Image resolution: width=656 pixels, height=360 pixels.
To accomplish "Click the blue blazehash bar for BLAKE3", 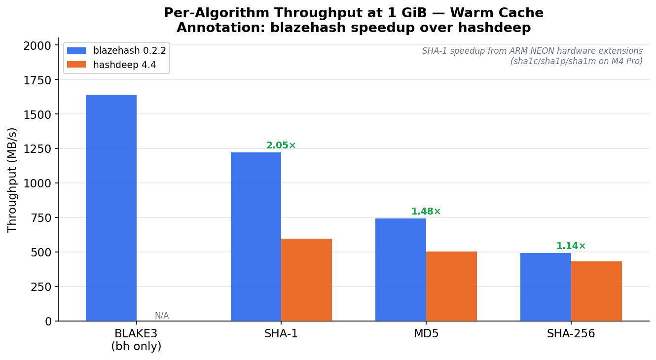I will [111, 208].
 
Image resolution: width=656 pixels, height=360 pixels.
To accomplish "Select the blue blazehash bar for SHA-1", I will [255, 237].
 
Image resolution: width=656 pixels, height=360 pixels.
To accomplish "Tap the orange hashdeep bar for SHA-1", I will [306, 280].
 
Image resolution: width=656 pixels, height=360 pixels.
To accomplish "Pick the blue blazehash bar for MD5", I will [401, 270].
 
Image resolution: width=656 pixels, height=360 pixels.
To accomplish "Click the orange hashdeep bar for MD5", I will [451, 286].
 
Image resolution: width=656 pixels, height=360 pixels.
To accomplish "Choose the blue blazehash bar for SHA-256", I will [546, 287].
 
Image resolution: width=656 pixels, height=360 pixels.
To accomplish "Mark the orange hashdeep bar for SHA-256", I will [596, 291].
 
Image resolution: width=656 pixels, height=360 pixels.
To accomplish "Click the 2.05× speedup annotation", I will [281, 145].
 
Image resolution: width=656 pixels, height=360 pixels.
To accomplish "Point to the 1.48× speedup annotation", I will [426, 212].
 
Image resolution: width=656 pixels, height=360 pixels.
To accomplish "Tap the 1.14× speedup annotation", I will [571, 246].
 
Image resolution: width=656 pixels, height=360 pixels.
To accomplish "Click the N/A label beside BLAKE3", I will [162, 316].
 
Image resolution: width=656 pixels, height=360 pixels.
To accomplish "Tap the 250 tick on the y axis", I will [41, 287].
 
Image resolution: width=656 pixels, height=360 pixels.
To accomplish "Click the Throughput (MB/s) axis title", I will [12, 180].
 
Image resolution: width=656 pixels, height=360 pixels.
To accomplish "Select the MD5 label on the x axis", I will [426, 334].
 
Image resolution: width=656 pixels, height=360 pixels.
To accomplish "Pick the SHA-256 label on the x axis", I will [571, 334].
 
